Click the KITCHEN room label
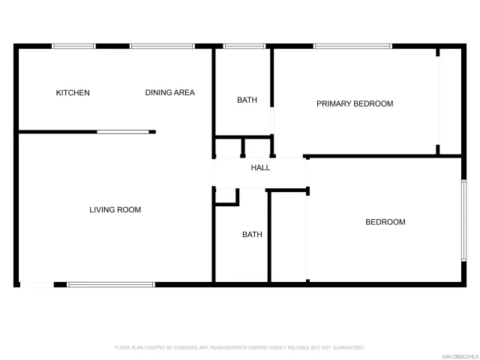[73, 93]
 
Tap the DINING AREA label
[169, 93]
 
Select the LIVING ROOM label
[115, 210]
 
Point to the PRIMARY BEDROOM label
[355, 103]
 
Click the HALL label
[260, 168]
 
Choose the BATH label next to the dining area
[247, 100]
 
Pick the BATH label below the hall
[252, 235]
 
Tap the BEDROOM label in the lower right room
[385, 222]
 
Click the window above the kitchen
[73, 46]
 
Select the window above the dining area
[162, 46]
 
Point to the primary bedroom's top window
[352, 46]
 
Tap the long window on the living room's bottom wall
[111, 284]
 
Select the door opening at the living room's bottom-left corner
[36, 284]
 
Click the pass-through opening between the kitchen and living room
[123, 132]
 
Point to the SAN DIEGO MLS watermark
[458, 355]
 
